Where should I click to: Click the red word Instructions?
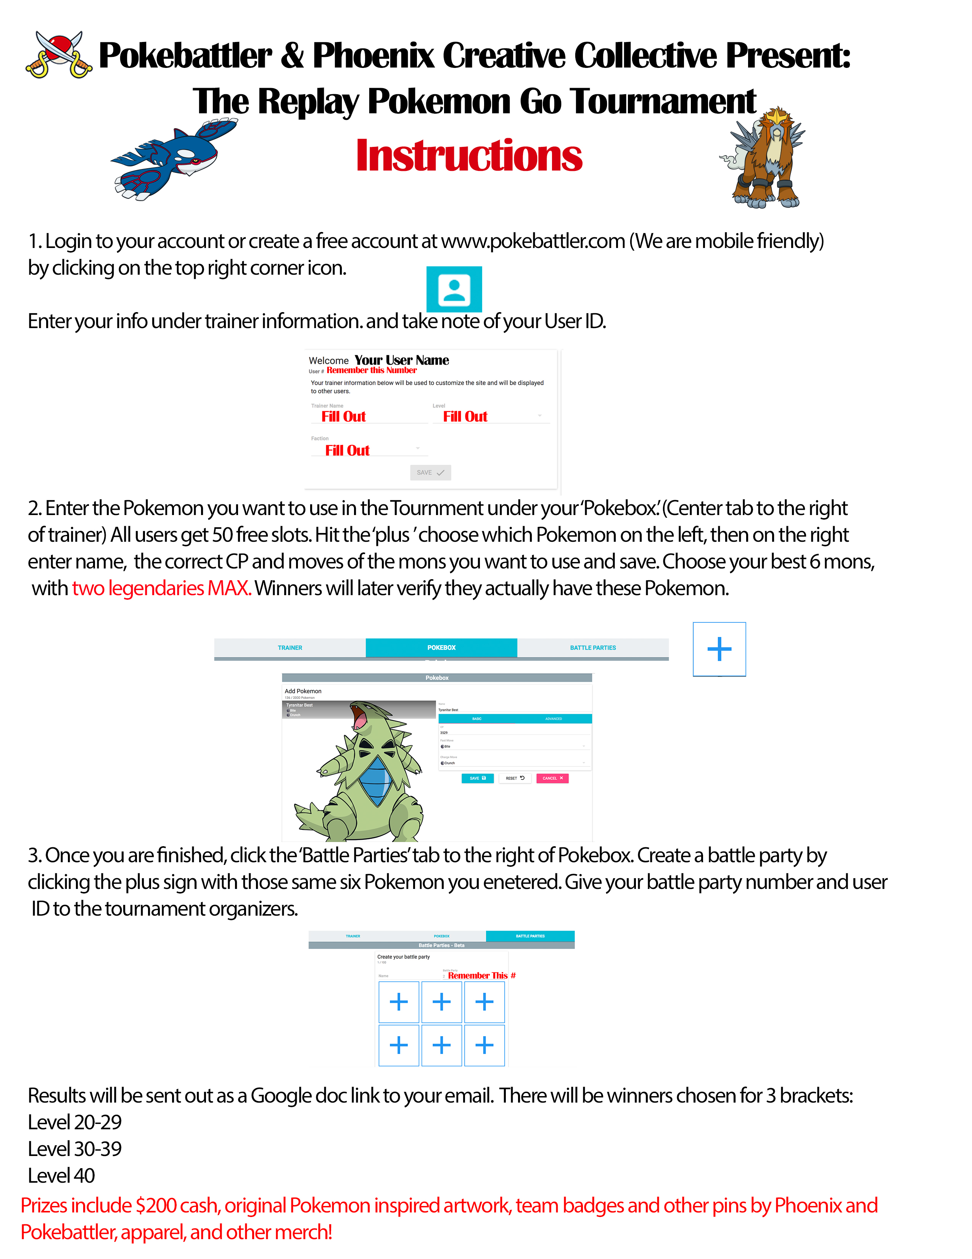tap(469, 156)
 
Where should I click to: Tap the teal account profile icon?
tap(454, 290)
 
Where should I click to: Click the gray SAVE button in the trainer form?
tap(430, 473)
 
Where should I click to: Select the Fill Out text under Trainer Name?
tap(344, 417)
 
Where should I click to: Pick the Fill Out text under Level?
tap(465, 417)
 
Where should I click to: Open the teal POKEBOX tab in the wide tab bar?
tap(441, 647)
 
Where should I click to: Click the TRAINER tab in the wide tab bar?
tap(290, 647)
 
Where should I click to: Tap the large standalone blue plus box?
tap(719, 649)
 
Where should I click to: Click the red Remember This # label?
tap(481, 976)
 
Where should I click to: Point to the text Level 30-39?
tap(75, 1149)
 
